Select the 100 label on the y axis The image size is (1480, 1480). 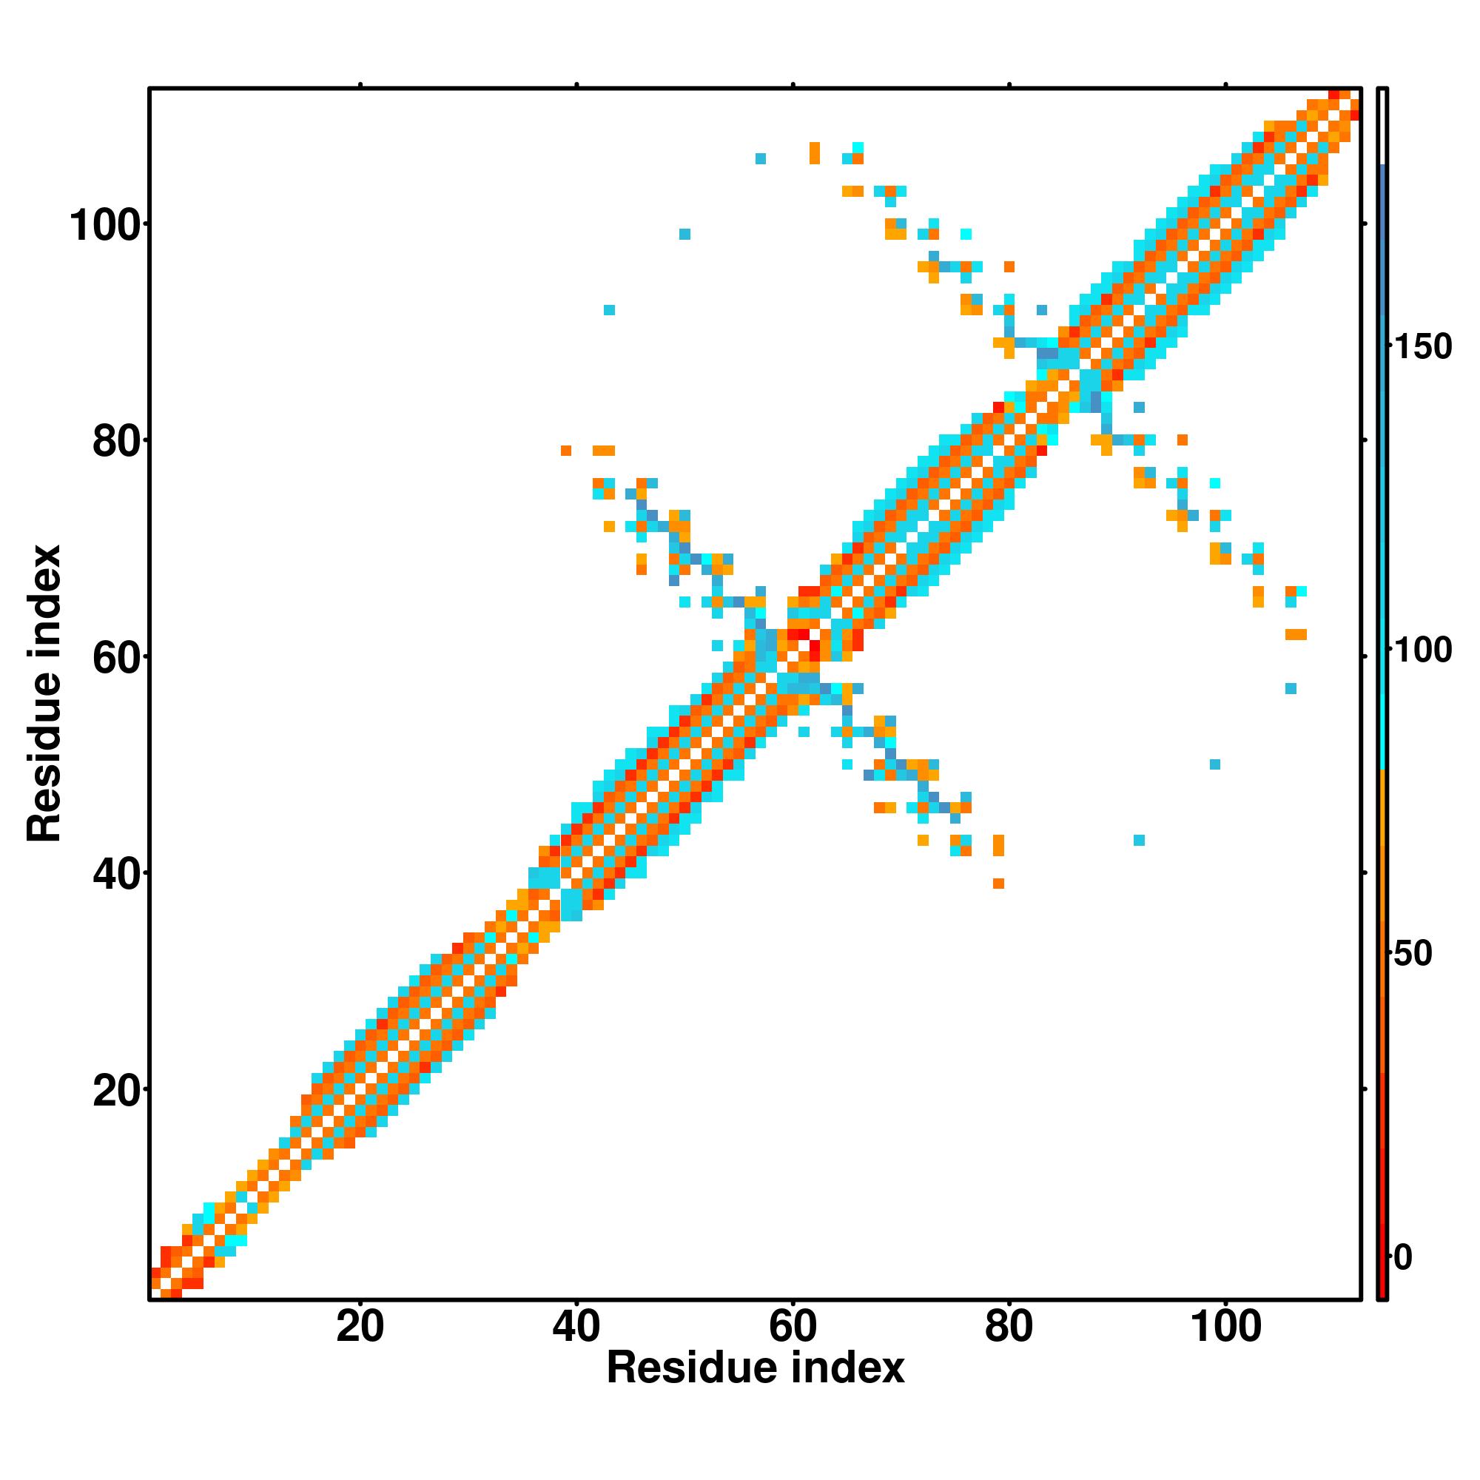(107, 226)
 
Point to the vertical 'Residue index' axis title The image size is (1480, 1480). (44, 693)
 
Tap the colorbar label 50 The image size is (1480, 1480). (1414, 954)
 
